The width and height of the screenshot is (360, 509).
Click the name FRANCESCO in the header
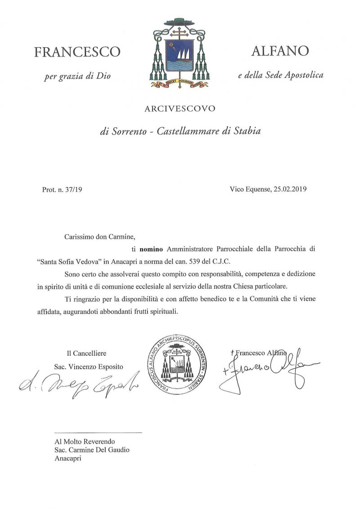coord(77,52)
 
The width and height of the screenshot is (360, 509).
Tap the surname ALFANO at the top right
coord(280,51)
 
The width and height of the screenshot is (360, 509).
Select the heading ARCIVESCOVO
coord(180,108)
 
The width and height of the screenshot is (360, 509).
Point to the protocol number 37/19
coord(72,189)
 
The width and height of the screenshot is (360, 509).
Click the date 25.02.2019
coord(290,189)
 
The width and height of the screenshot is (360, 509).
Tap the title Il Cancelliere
coord(86,353)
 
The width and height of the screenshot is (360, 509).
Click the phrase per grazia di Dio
coord(77,76)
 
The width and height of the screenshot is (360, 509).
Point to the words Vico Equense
coord(249,189)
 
